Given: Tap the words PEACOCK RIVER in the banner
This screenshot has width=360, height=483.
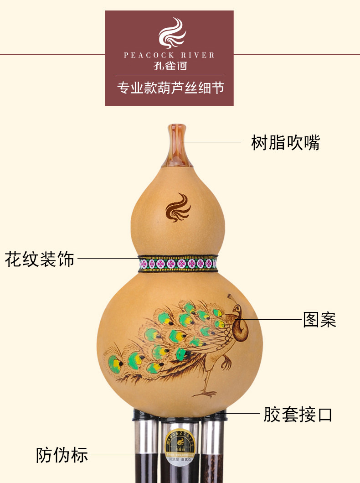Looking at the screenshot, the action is point(169,55).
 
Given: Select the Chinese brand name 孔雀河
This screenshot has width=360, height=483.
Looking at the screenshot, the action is point(170,66).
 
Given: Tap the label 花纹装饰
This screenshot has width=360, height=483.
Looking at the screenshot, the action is point(40,259).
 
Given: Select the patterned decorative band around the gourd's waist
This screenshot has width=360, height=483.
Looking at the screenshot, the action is point(178,263).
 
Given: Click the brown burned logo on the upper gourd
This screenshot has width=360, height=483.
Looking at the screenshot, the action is point(178,208).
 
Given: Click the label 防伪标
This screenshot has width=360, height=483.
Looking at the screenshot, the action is point(62,455).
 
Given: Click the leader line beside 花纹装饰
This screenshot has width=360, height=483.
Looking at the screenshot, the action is point(108,259).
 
